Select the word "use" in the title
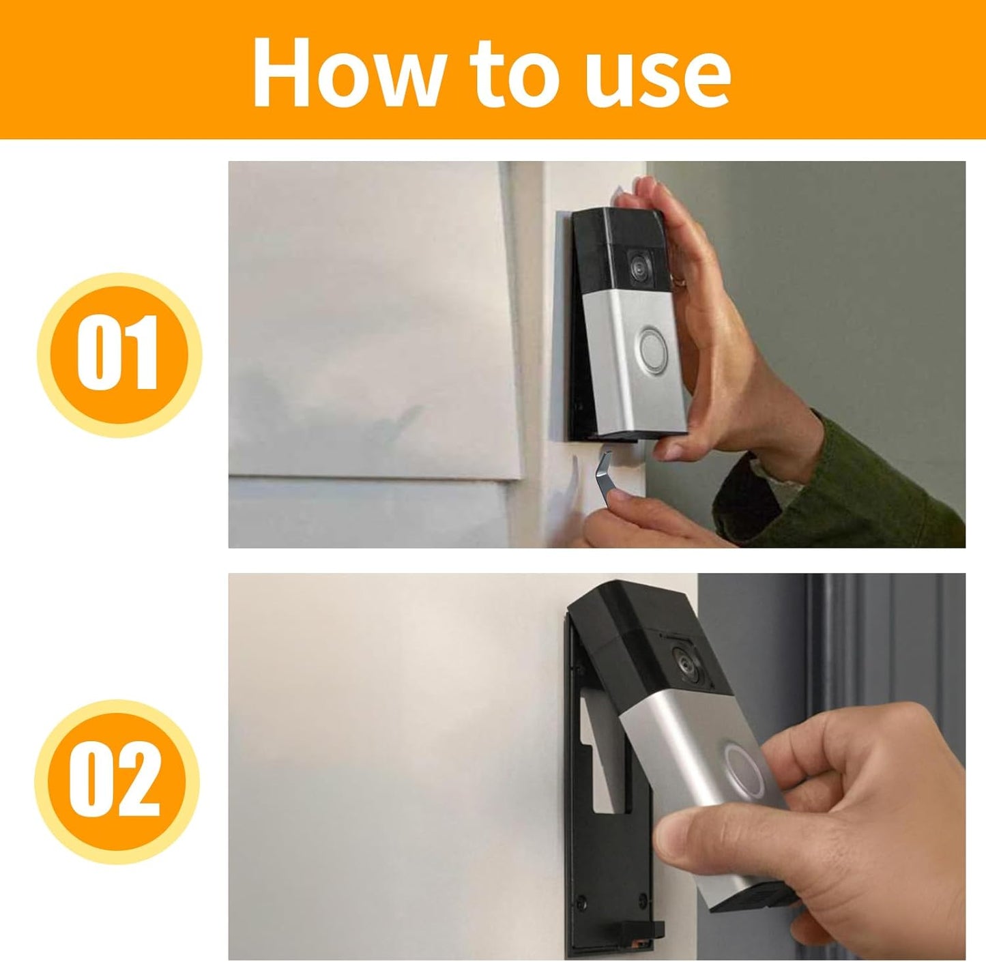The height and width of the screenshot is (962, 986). [x=658, y=81]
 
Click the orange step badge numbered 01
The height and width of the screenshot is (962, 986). [x=119, y=354]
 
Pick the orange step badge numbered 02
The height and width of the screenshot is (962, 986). [x=117, y=781]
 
